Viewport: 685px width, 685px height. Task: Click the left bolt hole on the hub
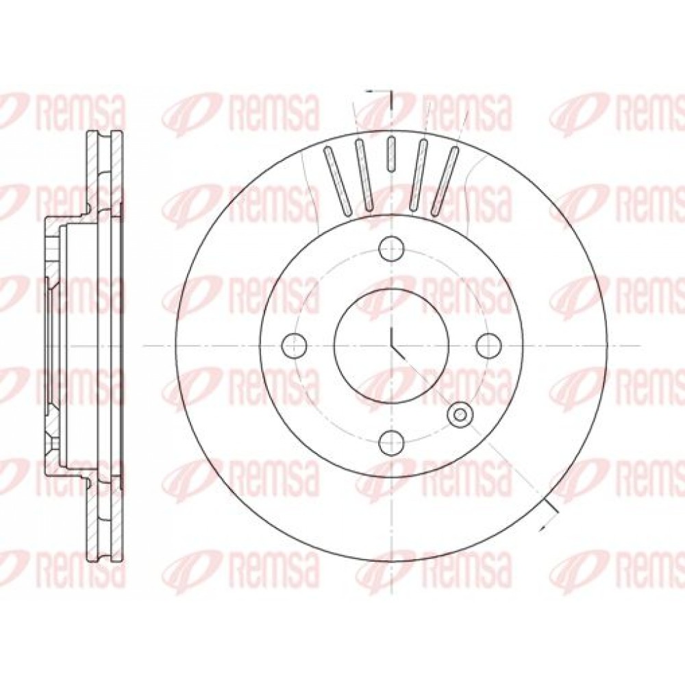[295, 345]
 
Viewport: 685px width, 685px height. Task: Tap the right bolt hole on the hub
[488, 345]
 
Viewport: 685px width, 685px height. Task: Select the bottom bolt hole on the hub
[391, 442]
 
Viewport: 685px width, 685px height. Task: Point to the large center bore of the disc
[391, 345]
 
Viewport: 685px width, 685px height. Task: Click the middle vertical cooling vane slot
[391, 153]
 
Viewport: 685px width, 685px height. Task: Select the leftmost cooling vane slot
[337, 181]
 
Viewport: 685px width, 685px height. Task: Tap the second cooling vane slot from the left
[364, 173]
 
